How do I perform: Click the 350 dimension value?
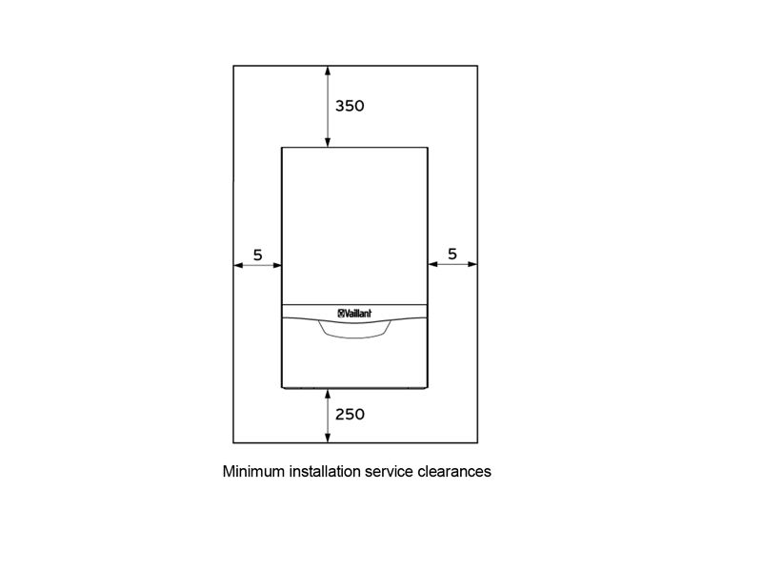tap(350, 106)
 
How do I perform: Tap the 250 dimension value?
tap(350, 414)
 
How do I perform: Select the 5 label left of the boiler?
tap(257, 255)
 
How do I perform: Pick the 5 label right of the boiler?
tap(452, 254)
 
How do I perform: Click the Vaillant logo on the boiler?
tap(354, 314)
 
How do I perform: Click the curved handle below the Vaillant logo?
tap(354, 335)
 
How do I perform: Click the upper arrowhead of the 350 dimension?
tap(328, 71)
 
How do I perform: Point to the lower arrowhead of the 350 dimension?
tap(328, 141)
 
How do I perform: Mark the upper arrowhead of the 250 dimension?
tap(328, 394)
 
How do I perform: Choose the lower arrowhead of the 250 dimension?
tap(328, 438)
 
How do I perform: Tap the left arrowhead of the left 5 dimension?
tap(239, 265)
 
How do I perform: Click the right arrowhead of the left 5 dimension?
tap(277, 265)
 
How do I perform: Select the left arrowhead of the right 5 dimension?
tap(433, 264)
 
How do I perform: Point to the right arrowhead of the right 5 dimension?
tap(472, 264)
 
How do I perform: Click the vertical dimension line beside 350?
tap(328, 107)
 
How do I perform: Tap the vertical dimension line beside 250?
tap(328, 416)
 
